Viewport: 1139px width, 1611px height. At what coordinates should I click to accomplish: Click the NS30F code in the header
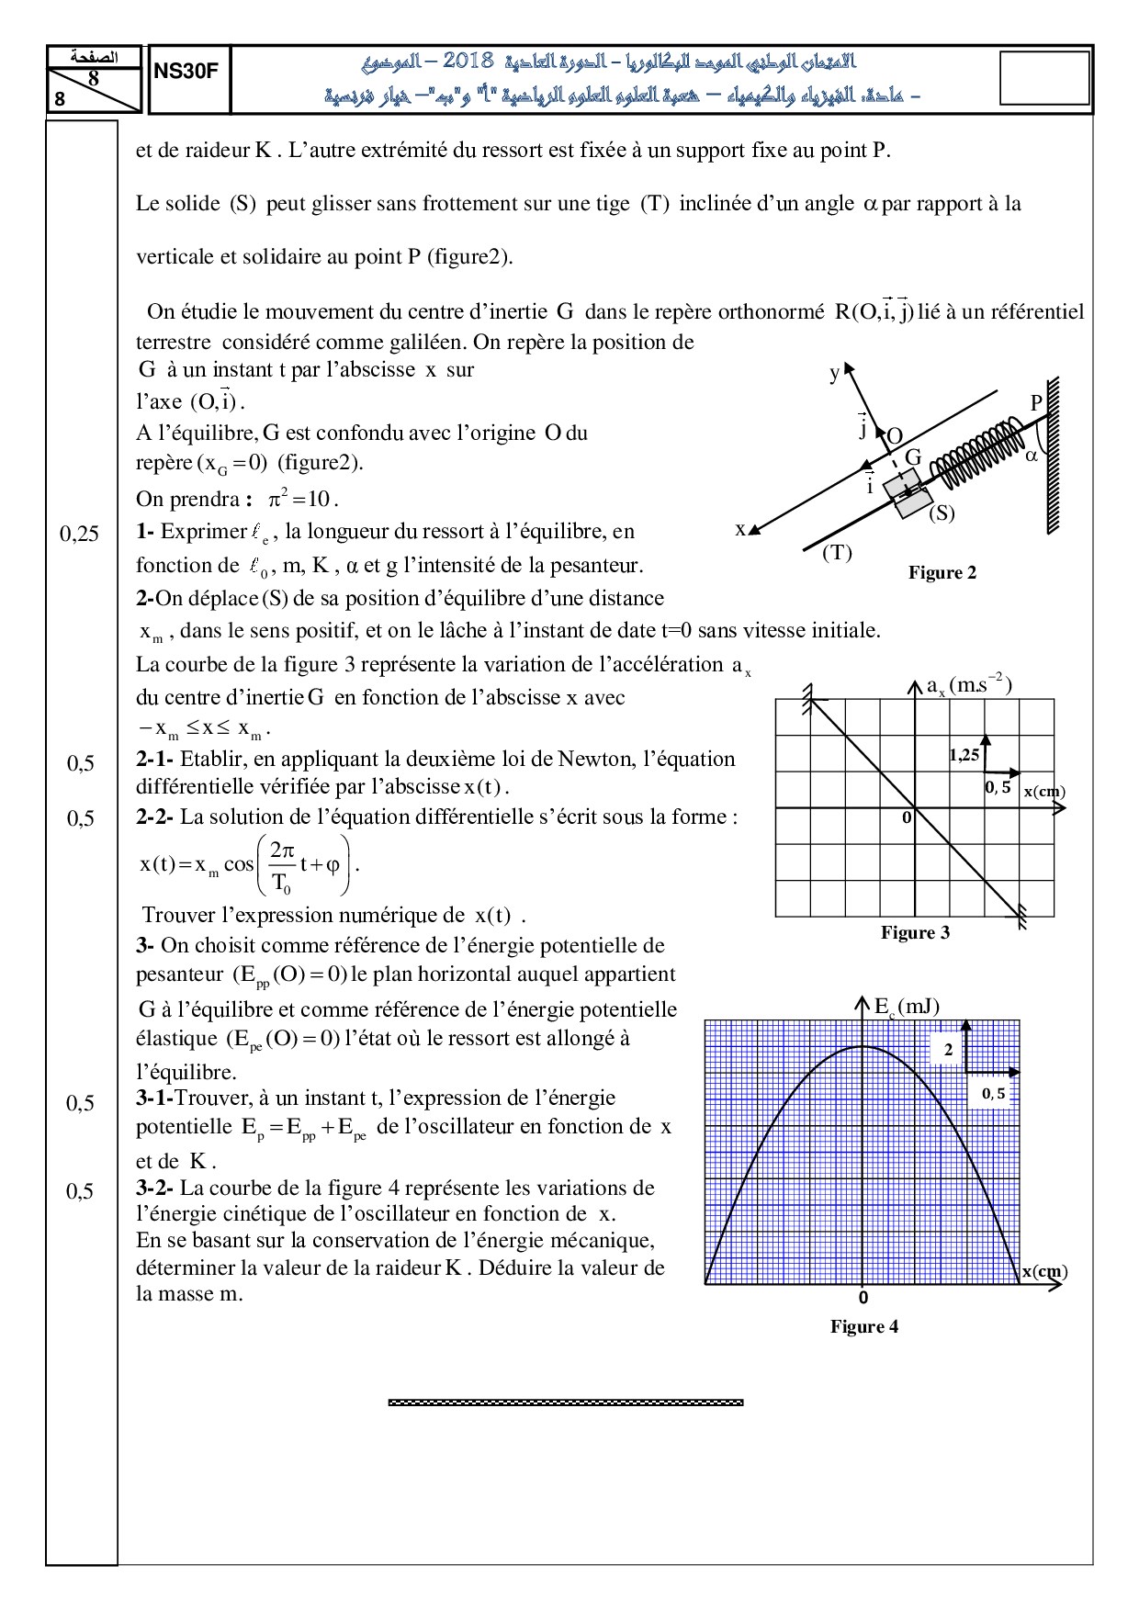pos(186,71)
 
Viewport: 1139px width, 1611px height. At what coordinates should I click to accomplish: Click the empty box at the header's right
pos(1043,78)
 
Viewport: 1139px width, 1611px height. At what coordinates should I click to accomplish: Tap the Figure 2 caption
pos(942,573)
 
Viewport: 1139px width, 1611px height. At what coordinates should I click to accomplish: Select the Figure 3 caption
pos(915,933)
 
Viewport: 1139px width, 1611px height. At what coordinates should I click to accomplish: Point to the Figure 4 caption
pos(864,1326)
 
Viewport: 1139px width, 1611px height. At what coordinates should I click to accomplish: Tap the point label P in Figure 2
pos(1036,403)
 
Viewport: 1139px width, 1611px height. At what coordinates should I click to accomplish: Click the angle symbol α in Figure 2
pos(1031,455)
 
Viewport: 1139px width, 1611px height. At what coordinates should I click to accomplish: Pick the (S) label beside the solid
pos(942,513)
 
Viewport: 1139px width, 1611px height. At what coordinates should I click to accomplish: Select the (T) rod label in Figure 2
pos(837,553)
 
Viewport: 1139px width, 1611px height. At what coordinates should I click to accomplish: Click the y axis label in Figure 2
pos(834,373)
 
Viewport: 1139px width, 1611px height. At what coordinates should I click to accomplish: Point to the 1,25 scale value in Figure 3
pos(964,755)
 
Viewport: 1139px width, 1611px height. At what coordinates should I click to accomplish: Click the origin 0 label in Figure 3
pos(907,817)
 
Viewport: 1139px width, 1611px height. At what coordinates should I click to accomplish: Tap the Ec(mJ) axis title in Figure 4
pos(907,1007)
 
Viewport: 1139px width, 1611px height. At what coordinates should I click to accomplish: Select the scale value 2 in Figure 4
pos(949,1050)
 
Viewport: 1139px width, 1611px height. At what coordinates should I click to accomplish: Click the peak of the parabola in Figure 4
pos(863,1046)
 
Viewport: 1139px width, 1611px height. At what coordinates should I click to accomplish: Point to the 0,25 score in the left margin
pos(80,534)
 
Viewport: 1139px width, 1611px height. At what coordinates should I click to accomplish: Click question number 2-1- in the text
pos(155,760)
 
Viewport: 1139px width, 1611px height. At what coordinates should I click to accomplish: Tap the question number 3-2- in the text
pos(155,1189)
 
